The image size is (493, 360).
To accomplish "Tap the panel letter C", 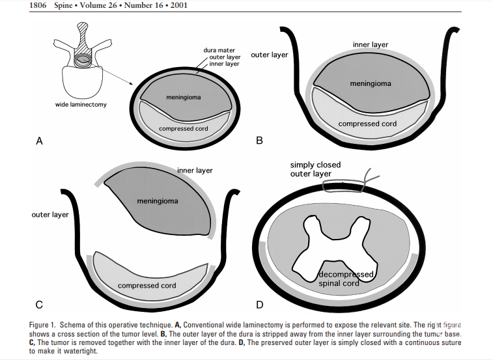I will (38, 304).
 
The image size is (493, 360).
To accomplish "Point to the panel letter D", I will (261, 304).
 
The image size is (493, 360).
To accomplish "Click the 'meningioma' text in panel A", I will (184, 98).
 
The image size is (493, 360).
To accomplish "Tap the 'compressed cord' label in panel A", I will (184, 128).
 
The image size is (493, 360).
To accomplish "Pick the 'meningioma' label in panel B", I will (371, 83).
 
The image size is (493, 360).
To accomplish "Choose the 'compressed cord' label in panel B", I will (367, 124).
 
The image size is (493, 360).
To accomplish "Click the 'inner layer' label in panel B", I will (371, 45).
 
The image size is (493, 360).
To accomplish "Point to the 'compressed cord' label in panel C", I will (147, 285).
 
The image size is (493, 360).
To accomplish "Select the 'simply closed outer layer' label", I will (316, 169).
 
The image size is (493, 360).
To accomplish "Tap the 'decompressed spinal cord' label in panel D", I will (346, 279).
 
